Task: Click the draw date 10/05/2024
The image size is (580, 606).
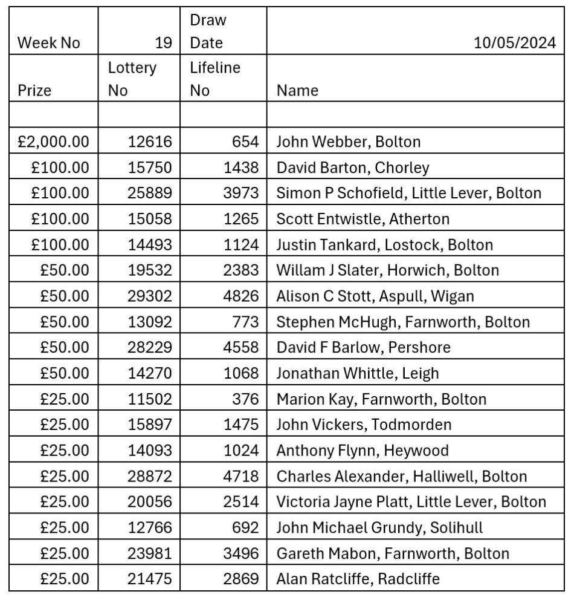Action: point(515,44)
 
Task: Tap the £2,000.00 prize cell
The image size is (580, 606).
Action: point(53,142)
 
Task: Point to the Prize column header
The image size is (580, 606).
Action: point(35,91)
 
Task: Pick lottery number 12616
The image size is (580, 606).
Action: point(150,142)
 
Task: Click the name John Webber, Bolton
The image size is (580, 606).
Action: point(348,142)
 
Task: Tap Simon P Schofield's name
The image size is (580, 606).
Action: point(408,194)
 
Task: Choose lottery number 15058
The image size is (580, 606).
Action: point(150,219)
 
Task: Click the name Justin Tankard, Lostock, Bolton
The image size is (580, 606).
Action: point(384,245)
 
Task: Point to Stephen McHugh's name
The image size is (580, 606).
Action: point(403,322)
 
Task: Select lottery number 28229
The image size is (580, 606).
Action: point(150,348)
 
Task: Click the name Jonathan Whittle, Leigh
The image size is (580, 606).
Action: point(358,374)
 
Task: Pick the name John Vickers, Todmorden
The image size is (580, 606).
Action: point(364,425)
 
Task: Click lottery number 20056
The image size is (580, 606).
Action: point(150,502)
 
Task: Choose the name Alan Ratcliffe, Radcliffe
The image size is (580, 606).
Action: point(358,579)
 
